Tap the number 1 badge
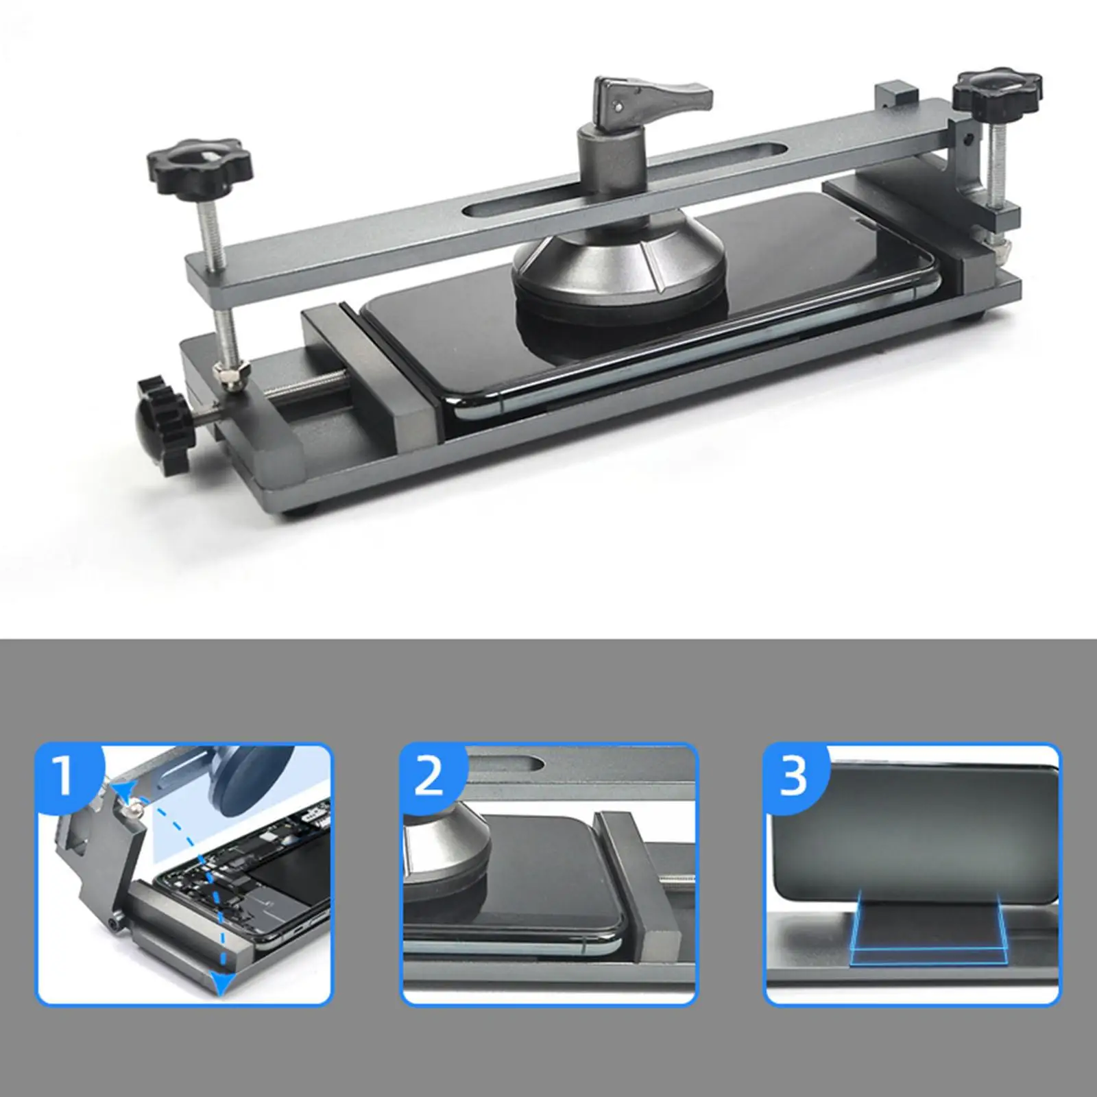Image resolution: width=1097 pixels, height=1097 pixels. [x=65, y=774]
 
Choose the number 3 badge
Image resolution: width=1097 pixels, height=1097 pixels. [x=794, y=774]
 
